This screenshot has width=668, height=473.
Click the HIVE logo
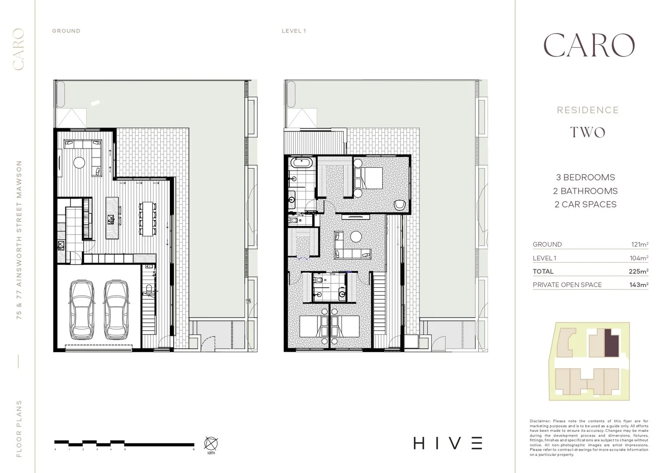click(x=448, y=443)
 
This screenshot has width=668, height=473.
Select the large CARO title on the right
click(x=588, y=46)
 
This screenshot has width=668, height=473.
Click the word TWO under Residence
click(x=588, y=132)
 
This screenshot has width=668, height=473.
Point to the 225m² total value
click(x=638, y=272)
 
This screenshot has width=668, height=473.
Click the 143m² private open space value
click(x=638, y=285)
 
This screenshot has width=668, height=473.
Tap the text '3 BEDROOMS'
click(x=585, y=177)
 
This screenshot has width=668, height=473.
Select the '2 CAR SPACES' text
click(x=585, y=205)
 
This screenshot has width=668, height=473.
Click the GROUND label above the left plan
click(x=66, y=31)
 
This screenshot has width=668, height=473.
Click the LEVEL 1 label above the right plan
click(x=294, y=31)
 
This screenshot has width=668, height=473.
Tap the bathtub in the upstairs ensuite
click(x=302, y=164)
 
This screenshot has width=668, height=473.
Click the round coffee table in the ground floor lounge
click(x=79, y=162)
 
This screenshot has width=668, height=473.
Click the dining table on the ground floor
click(x=147, y=219)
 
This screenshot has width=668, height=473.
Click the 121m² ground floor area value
click(x=639, y=244)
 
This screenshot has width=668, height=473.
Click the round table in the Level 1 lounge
click(x=356, y=236)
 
